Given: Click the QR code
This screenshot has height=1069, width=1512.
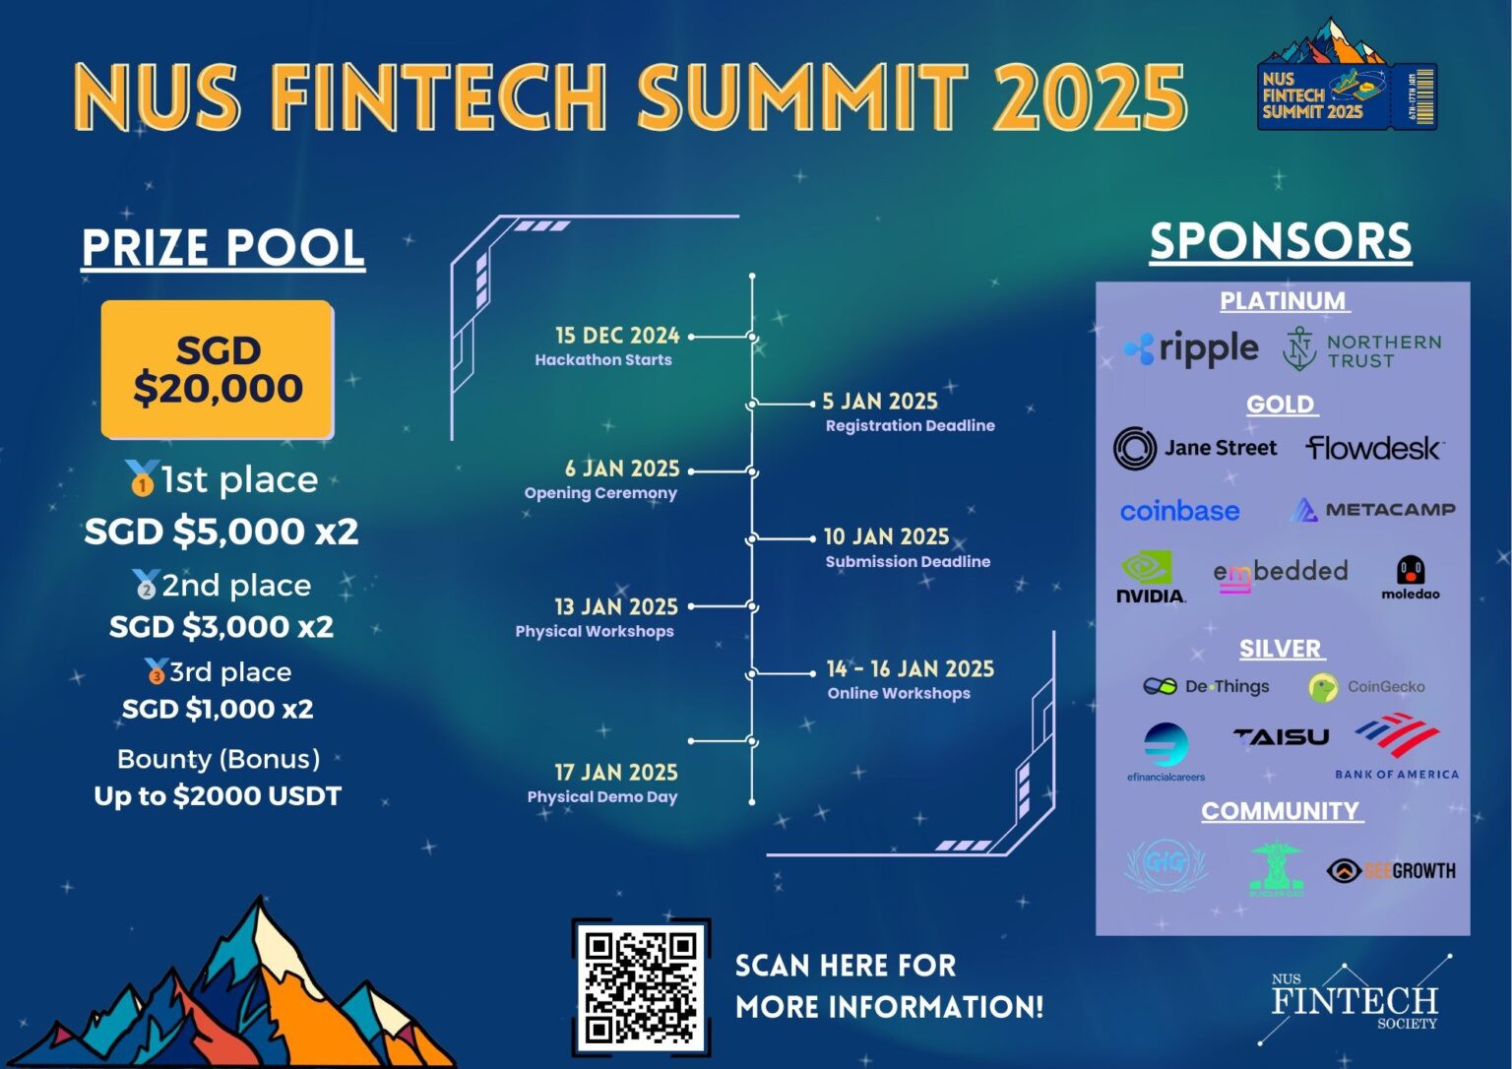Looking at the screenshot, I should click(641, 986).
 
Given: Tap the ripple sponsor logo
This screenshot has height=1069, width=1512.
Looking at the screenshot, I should click(1192, 348).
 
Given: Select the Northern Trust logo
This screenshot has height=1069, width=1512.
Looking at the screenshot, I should click(1361, 350).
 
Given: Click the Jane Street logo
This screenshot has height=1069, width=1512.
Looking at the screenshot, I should click(1195, 449).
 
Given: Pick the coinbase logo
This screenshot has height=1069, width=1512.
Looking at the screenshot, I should click(1179, 511).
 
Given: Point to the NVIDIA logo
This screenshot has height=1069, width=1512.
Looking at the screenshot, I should click(1150, 578).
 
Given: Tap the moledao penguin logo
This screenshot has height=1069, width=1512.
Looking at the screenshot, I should click(1410, 578).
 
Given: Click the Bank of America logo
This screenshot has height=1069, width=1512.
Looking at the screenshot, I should click(1397, 749).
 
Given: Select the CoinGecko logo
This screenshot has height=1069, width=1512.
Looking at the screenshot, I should click(1366, 687).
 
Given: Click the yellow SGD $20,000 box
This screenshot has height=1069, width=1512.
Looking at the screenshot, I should click(218, 370).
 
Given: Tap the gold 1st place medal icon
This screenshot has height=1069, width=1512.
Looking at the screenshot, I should click(142, 478).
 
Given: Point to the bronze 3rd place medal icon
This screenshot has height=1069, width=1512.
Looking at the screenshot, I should click(156, 671).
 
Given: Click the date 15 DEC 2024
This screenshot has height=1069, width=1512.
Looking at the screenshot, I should click(617, 336).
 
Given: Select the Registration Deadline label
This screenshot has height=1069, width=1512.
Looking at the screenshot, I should click(910, 425).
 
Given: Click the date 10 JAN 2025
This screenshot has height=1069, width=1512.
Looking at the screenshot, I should click(886, 536).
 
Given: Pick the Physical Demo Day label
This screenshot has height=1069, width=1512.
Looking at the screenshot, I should click(602, 796).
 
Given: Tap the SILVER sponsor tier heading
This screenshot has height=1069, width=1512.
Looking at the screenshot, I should click(1281, 649).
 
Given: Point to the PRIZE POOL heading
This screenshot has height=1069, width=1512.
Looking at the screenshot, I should click(223, 247).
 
